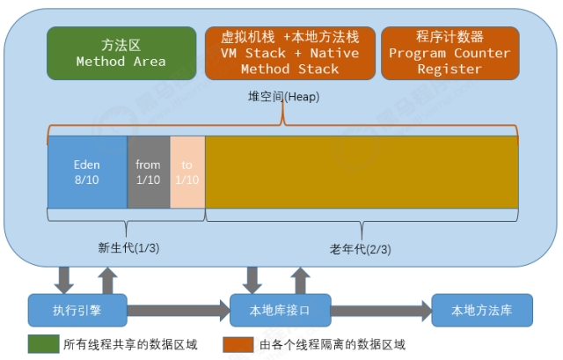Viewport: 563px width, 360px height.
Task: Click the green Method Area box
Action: (121, 53)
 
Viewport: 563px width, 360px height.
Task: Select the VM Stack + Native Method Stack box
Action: (289, 53)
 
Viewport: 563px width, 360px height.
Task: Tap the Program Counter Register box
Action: (450, 53)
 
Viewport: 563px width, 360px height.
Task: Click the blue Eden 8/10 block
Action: (87, 171)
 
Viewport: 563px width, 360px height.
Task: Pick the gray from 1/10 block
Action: (149, 171)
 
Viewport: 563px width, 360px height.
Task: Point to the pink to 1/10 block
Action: (186, 171)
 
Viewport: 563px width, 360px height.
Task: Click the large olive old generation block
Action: (361, 171)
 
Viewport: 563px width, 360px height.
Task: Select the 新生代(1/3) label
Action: (128, 248)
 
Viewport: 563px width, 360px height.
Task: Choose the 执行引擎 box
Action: (77, 310)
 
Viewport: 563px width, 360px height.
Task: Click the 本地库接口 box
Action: (280, 310)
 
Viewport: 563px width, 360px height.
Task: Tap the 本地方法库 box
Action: (480, 310)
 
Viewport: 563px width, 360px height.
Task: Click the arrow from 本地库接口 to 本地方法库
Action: (380, 310)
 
